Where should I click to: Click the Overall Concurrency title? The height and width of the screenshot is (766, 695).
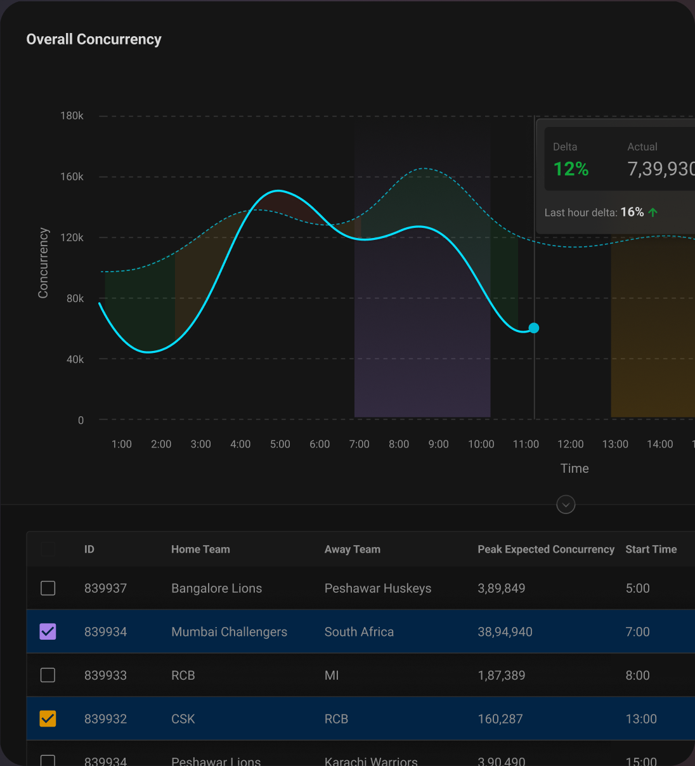(x=94, y=39)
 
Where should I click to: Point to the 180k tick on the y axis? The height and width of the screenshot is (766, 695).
(x=72, y=116)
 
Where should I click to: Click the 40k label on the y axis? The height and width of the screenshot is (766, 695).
(x=75, y=359)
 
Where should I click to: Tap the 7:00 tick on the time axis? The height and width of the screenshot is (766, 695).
(x=359, y=444)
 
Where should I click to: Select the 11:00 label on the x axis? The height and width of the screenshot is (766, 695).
(x=526, y=444)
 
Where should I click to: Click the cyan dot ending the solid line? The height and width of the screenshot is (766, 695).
(x=534, y=328)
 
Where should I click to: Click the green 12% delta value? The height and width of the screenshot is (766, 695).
(x=571, y=169)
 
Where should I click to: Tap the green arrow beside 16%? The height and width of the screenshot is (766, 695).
(x=653, y=213)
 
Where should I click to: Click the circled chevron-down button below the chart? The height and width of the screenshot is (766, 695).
(x=566, y=505)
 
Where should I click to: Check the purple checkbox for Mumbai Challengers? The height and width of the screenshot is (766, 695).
(x=48, y=631)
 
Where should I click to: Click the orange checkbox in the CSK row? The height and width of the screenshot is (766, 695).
(x=48, y=718)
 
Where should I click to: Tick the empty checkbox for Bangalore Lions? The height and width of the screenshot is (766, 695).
(x=48, y=588)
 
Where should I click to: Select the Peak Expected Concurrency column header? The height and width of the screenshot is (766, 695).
(x=545, y=550)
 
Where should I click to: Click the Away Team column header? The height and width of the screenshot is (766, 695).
(x=352, y=550)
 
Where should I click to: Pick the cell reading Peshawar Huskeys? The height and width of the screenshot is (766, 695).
(x=377, y=588)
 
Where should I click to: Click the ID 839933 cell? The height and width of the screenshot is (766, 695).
(x=105, y=675)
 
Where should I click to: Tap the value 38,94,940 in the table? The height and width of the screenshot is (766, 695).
(x=505, y=632)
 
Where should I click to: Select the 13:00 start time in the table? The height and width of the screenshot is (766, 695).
(x=641, y=719)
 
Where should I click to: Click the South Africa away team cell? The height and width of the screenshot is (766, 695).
(x=359, y=632)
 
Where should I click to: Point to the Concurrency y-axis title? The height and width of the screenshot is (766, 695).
(x=43, y=263)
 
